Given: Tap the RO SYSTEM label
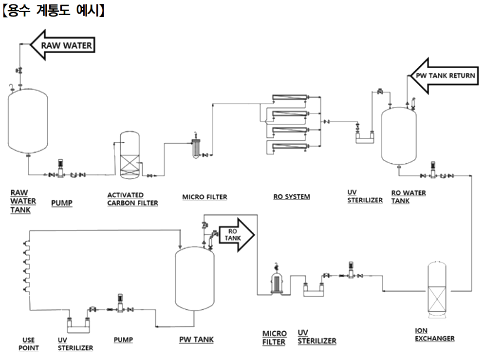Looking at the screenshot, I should tap(292, 197).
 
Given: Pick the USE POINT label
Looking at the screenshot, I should tap(28, 344).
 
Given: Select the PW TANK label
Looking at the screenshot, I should tap(196, 339).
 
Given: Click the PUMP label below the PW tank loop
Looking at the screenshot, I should tap(123, 339).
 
